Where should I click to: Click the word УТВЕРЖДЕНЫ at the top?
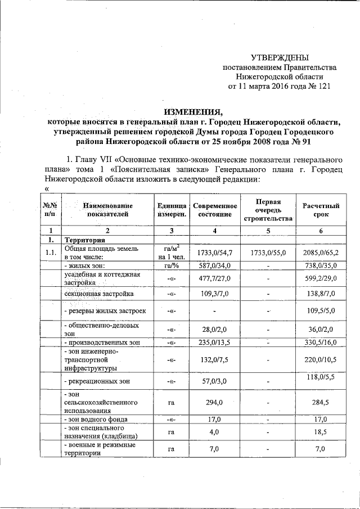tap(280, 58)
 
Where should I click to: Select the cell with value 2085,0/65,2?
tap(321, 253)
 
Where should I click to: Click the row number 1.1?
tap(51, 253)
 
